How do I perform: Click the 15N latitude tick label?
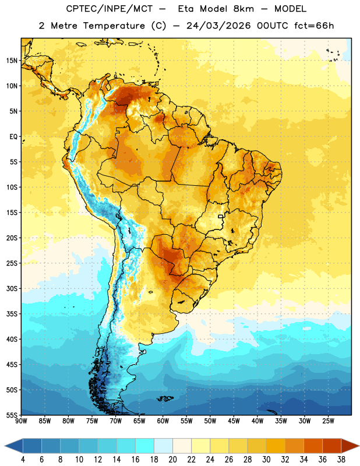(x=12, y=61)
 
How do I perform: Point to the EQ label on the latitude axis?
(x=13, y=137)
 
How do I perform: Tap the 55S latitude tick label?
(x=12, y=415)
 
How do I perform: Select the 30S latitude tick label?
(x=12, y=288)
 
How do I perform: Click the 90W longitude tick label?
(x=21, y=421)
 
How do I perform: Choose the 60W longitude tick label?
(x=163, y=421)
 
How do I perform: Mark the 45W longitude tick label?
(x=234, y=421)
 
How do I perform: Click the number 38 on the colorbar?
(x=341, y=460)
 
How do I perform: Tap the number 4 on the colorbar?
(x=23, y=460)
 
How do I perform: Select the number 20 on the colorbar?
(x=172, y=460)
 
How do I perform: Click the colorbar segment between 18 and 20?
(x=163, y=446)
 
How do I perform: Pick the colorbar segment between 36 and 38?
(x=332, y=446)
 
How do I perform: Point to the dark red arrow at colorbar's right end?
(x=350, y=446)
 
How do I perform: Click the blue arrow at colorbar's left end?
(x=14, y=446)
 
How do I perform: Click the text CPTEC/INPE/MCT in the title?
(x=109, y=9)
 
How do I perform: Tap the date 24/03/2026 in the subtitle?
(x=218, y=26)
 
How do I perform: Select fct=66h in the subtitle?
(x=314, y=26)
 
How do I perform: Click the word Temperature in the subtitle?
(x=114, y=26)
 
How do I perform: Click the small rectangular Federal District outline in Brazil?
(x=221, y=216)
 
